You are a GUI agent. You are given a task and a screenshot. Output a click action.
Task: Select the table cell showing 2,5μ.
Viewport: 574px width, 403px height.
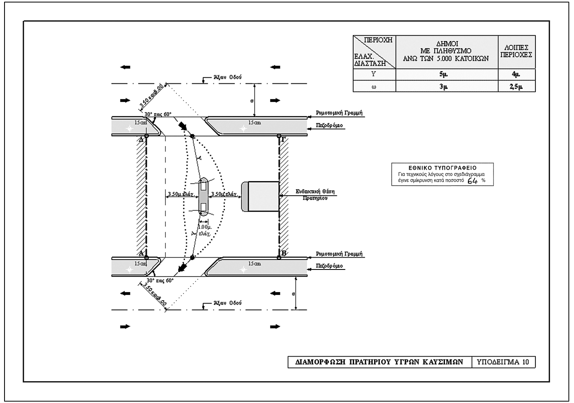point(517,86)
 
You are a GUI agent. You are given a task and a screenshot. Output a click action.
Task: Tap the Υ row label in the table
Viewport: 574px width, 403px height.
point(374,75)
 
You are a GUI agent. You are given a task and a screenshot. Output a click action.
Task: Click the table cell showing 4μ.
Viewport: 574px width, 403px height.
point(517,75)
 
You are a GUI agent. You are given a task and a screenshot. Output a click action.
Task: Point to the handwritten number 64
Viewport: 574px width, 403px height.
point(473,180)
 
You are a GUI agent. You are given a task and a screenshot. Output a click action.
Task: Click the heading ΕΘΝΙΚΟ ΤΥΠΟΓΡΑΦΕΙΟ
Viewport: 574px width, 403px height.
point(442,168)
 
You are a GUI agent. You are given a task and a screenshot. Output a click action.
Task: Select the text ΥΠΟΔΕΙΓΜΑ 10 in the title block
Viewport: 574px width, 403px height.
point(503,362)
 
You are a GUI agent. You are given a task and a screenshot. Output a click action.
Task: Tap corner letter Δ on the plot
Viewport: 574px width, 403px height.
point(141,140)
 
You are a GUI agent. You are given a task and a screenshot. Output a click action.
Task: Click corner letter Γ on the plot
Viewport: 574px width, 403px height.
point(283,140)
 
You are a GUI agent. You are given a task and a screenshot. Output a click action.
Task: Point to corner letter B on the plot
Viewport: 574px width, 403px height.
point(284,253)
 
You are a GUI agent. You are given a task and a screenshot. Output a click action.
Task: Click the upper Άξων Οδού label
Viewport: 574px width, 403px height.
point(227,77)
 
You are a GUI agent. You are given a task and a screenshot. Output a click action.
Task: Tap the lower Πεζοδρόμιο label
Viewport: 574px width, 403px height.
point(329,266)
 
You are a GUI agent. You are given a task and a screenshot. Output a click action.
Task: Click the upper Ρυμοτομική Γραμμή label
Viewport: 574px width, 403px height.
point(339,113)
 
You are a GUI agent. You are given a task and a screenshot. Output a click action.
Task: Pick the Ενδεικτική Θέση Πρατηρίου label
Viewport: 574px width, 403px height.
point(315,194)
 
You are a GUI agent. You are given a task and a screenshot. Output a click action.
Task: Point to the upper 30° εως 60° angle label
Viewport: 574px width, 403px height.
point(158,114)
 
